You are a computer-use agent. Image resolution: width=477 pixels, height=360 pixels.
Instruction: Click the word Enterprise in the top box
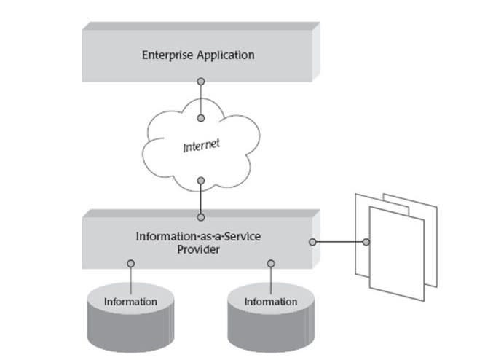click(169, 55)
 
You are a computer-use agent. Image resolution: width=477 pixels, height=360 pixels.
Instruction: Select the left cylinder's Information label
click(130, 301)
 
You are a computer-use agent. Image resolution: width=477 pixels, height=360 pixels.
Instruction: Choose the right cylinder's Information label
click(270, 301)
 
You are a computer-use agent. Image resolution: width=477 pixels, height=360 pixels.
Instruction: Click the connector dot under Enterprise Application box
click(200, 82)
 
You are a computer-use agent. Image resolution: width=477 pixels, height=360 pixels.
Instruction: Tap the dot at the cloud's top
click(200, 117)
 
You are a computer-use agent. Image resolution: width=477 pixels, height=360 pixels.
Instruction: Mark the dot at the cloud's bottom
click(200, 181)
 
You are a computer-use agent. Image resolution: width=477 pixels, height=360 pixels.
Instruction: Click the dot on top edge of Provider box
click(200, 216)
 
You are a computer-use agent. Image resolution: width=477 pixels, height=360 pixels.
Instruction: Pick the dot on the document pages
click(366, 242)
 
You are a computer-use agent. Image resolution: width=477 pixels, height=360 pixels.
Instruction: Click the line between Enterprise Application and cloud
click(200, 100)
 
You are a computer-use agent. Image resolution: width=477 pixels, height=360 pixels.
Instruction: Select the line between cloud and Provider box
click(200, 198)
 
